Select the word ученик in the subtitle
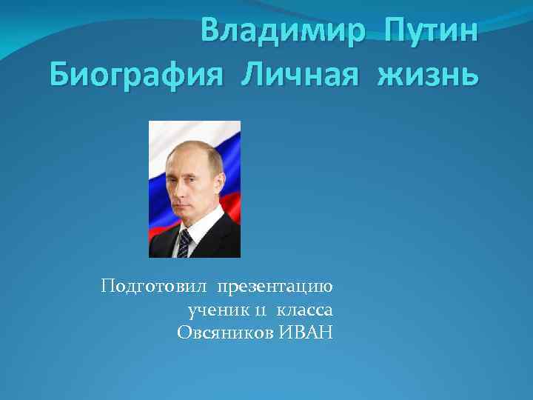[215, 310]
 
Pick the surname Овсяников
[227, 333]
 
